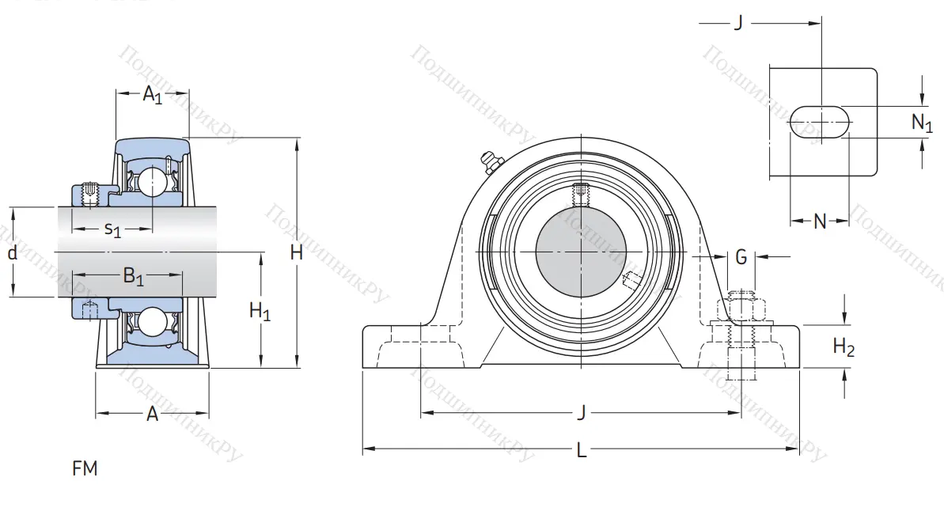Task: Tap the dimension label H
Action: pyautogui.click(x=297, y=253)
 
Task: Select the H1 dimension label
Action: pyautogui.click(x=260, y=312)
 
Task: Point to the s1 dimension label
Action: pyautogui.click(x=113, y=230)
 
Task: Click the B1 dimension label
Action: pyautogui.click(x=133, y=277)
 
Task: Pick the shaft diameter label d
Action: pyautogui.click(x=12, y=254)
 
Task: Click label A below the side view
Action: pyautogui.click(x=153, y=415)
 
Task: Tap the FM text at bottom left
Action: pyautogui.click(x=85, y=469)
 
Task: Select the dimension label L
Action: pyautogui.click(x=582, y=451)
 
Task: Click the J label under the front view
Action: pyautogui.click(x=582, y=413)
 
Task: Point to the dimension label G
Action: pyautogui.click(x=741, y=256)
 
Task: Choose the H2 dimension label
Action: pyautogui.click(x=844, y=346)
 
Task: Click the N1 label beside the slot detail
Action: pyautogui.click(x=922, y=123)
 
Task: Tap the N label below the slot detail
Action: pyautogui.click(x=820, y=222)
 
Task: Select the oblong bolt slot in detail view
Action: pyautogui.click(x=821, y=123)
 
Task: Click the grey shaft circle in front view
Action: pyautogui.click(x=581, y=252)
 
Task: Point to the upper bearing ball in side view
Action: pyautogui.click(x=150, y=183)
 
